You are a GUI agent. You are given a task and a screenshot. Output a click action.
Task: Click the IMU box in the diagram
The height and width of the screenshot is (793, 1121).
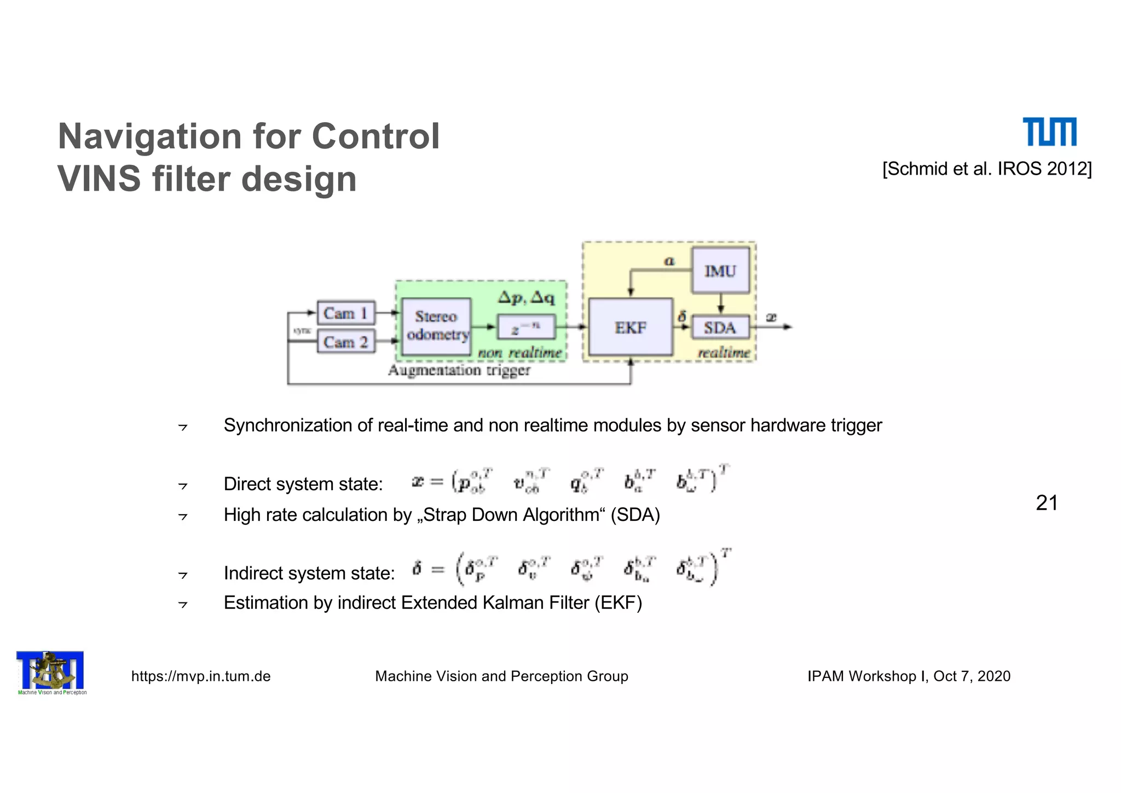pyautogui.click(x=720, y=271)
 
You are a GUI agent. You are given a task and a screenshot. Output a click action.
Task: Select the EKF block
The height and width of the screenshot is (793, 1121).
pyautogui.click(x=630, y=327)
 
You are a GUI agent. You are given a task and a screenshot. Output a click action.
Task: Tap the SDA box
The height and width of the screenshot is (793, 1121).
pyautogui.click(x=720, y=327)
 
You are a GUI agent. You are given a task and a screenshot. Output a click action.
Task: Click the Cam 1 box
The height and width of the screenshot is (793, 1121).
pyautogui.click(x=346, y=313)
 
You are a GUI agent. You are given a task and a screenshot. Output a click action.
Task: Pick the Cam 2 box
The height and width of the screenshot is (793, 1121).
pyautogui.click(x=346, y=342)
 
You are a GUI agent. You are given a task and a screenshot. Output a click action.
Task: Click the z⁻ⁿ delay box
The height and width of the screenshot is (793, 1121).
pyautogui.click(x=525, y=328)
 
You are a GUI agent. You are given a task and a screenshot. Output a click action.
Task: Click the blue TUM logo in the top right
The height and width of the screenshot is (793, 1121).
pyautogui.click(x=1049, y=132)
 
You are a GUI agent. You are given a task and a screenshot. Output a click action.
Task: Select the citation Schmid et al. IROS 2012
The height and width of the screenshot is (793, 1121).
pyautogui.click(x=986, y=169)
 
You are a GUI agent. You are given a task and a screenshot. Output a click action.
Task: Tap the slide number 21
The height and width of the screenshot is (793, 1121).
pyautogui.click(x=1046, y=503)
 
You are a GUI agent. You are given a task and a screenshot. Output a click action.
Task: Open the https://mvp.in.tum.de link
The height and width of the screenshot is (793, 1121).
pyautogui.click(x=201, y=676)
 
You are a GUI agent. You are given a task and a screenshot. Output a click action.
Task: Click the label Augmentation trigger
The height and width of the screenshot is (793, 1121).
pyautogui.click(x=459, y=370)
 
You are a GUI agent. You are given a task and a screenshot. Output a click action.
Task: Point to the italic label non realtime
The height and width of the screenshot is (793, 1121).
pyautogui.click(x=519, y=353)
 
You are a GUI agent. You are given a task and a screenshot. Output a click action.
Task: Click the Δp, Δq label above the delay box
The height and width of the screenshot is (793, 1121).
pyautogui.click(x=525, y=298)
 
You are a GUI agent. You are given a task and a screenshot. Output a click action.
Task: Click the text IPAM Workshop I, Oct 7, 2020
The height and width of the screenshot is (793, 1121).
pyautogui.click(x=909, y=676)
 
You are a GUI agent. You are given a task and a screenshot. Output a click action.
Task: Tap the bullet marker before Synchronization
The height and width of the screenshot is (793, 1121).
pyautogui.click(x=183, y=427)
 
